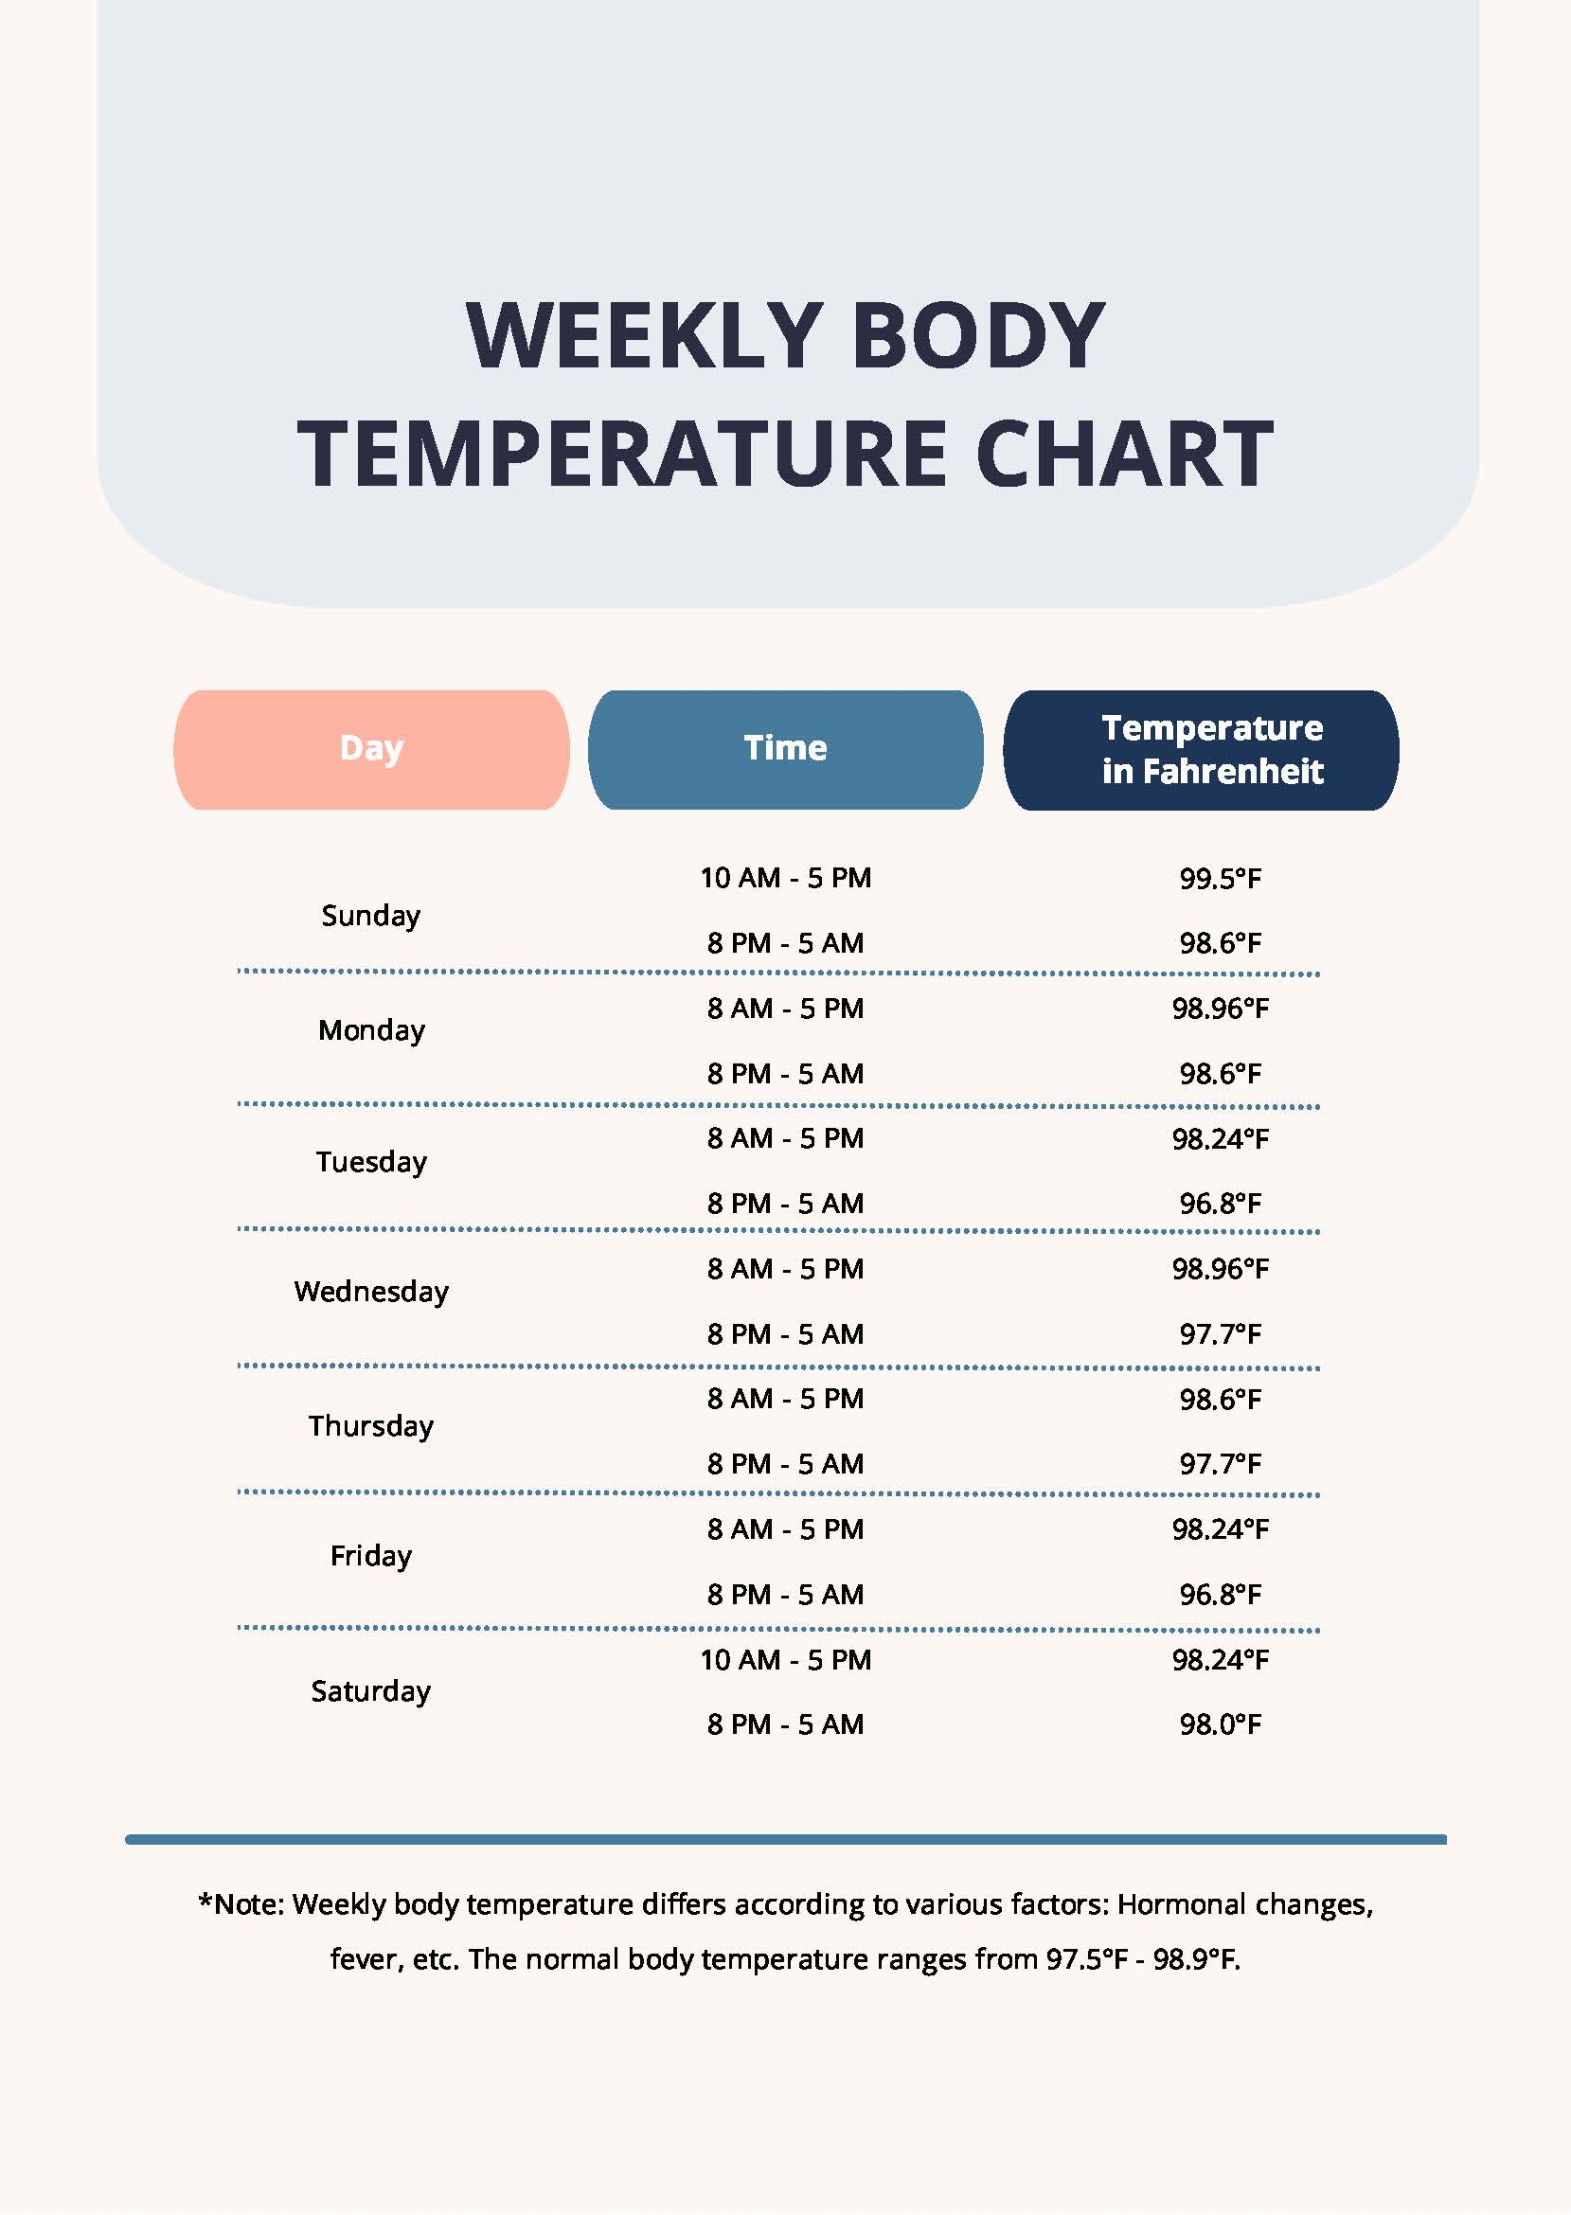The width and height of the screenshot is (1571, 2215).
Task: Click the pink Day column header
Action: tap(370, 749)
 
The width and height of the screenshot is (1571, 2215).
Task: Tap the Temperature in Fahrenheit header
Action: tap(1201, 750)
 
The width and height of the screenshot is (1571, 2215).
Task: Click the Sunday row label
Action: tap(370, 915)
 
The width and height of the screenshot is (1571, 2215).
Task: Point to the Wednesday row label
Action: tap(370, 1292)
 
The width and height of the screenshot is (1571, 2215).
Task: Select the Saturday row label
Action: tap(370, 1690)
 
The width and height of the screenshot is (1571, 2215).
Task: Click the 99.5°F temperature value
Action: tap(1220, 878)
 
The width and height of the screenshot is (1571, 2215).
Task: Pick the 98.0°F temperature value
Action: tap(1220, 1724)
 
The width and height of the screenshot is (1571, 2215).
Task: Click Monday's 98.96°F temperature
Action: tap(1220, 1008)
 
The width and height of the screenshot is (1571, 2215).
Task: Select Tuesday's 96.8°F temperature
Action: tap(1220, 1204)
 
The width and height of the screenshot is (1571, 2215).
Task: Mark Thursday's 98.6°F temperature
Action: tap(1220, 1399)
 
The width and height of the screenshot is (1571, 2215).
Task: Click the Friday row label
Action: tap(370, 1555)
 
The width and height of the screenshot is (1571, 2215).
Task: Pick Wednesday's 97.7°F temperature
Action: tap(1220, 1334)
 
